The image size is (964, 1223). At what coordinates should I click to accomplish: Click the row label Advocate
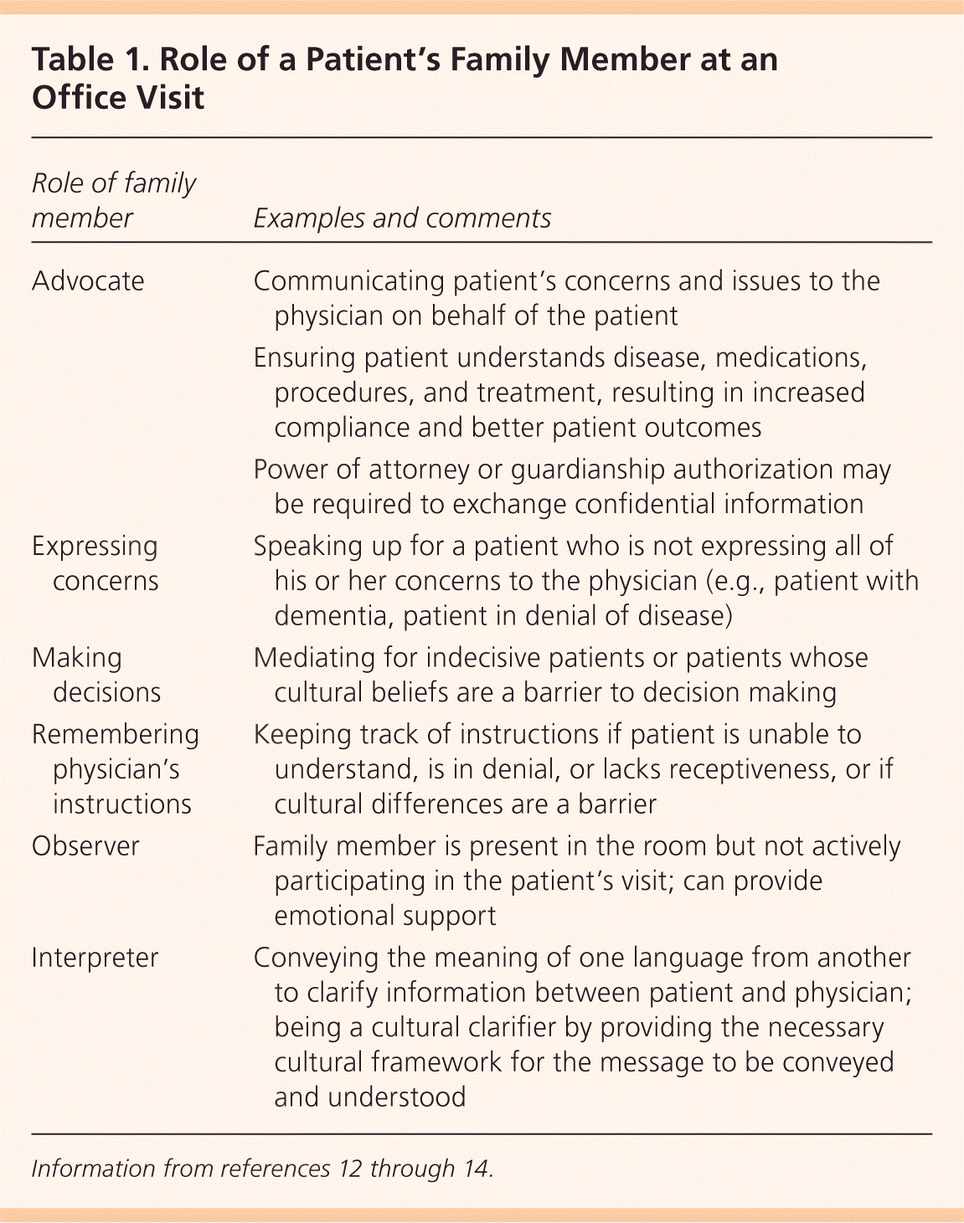pyautogui.click(x=88, y=280)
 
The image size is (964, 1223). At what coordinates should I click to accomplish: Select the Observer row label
pyautogui.click(x=85, y=845)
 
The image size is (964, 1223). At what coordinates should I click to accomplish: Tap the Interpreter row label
pyautogui.click(x=95, y=958)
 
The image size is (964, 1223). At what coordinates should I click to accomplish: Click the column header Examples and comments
pyautogui.click(x=402, y=218)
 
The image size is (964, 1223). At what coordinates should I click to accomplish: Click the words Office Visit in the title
pyautogui.click(x=118, y=98)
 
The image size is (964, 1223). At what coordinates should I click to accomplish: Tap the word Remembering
pyautogui.click(x=116, y=734)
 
